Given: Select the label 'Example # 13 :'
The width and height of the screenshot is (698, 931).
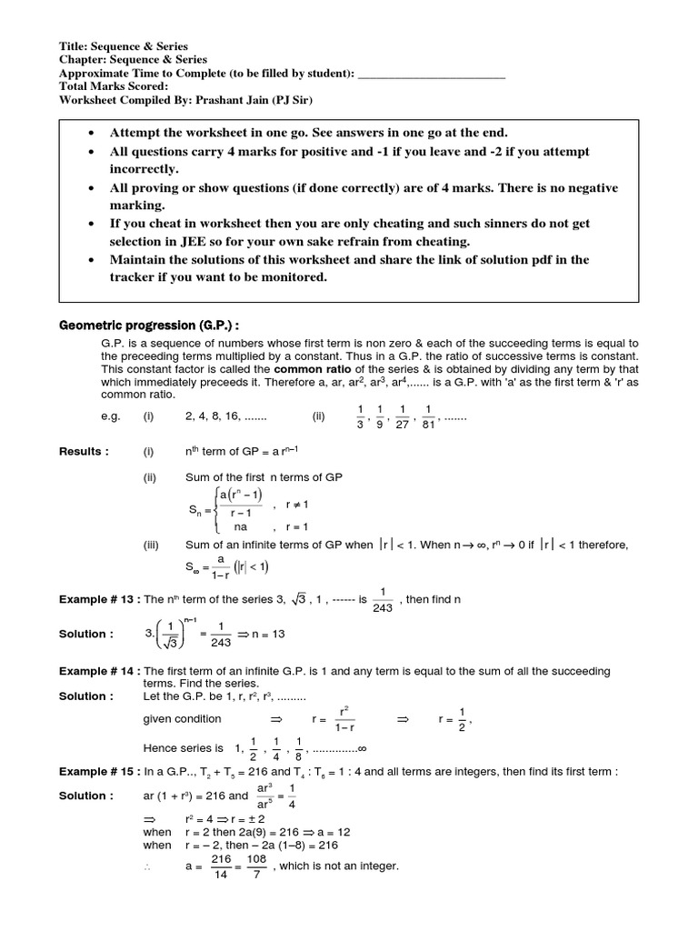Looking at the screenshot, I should point(98,600).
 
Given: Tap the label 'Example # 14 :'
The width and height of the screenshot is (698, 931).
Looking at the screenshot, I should point(98,670).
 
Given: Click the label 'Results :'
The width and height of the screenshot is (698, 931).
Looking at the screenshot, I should point(84,451).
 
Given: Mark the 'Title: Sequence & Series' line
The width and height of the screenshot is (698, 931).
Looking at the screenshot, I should point(124,46).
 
